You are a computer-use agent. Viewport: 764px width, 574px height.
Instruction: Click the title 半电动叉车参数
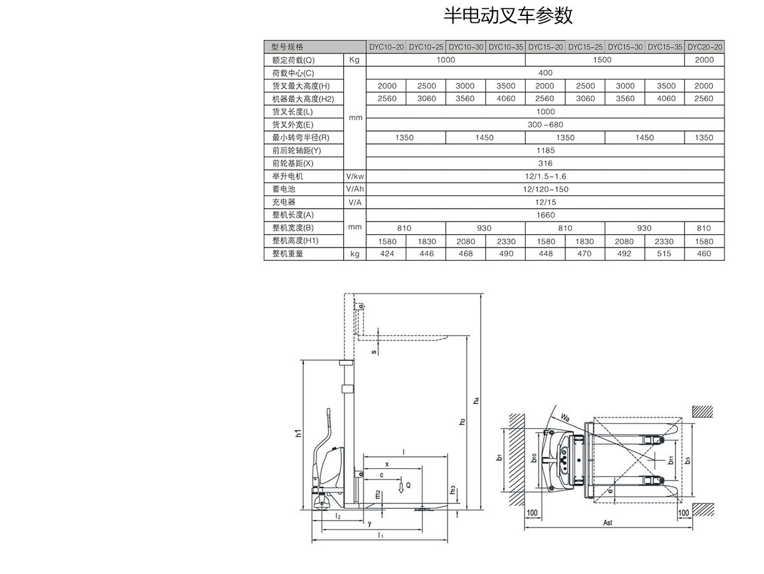(507, 15)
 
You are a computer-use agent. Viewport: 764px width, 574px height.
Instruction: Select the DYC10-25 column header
(426, 47)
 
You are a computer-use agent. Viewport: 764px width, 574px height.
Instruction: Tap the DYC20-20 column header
(705, 47)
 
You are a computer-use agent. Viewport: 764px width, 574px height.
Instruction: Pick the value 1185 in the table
(546, 150)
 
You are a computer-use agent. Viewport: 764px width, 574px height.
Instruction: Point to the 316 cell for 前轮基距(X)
(546, 164)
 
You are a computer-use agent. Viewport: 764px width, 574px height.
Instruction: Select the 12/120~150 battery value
(546, 189)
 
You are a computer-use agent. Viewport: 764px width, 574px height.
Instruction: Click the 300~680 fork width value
(546, 125)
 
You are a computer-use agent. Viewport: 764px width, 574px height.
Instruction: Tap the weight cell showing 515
(665, 254)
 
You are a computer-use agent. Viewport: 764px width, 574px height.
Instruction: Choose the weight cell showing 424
(387, 254)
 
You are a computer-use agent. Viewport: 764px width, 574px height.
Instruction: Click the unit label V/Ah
(355, 189)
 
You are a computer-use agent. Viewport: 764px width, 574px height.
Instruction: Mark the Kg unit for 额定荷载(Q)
(355, 60)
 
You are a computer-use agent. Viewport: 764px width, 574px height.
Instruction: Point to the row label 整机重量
(288, 254)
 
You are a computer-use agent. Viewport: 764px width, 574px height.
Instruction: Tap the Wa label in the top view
(565, 417)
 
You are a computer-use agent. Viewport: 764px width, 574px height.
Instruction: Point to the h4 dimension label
(476, 401)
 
